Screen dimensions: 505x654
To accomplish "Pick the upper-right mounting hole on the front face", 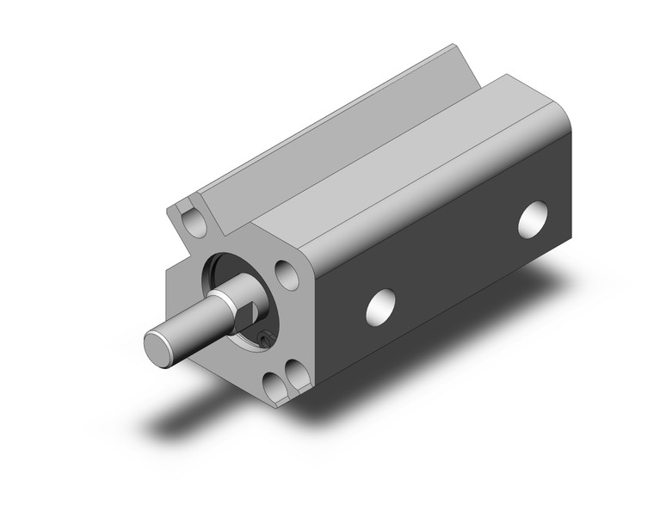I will point(285,271).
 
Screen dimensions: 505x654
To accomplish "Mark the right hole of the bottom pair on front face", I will point(295,373).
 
